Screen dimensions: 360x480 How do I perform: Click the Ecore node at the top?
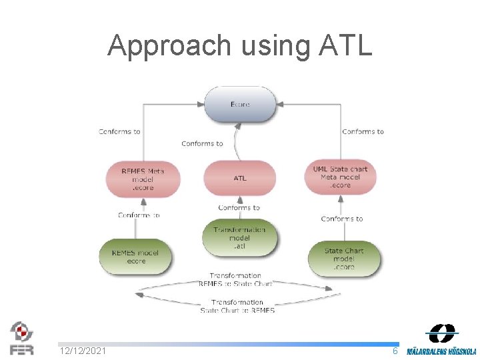[240, 105]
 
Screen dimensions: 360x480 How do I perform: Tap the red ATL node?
[240, 179]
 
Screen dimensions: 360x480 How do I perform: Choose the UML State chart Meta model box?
[340, 177]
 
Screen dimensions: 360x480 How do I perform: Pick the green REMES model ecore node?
[136, 257]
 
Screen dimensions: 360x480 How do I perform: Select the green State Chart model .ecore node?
[344, 259]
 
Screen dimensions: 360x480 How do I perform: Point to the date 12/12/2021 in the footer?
[83, 351]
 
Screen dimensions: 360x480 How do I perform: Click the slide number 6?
[395, 351]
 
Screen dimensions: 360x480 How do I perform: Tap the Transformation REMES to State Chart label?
[235, 279]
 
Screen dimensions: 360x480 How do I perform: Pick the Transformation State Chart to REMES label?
[237, 306]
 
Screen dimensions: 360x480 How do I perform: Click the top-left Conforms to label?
[119, 131]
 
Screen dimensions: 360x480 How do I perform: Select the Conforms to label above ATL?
[202, 143]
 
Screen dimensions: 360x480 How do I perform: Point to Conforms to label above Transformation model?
[239, 207]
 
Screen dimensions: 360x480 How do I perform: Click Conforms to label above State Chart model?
[342, 219]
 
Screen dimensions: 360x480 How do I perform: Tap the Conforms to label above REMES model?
[139, 215]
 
